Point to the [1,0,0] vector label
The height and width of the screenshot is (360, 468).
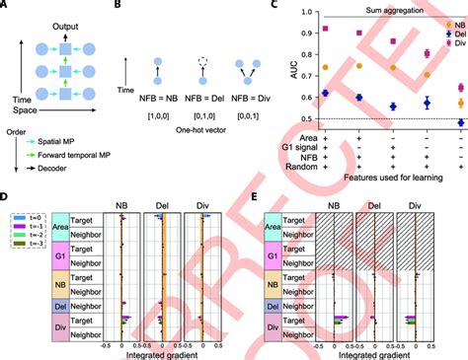point(158,114)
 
